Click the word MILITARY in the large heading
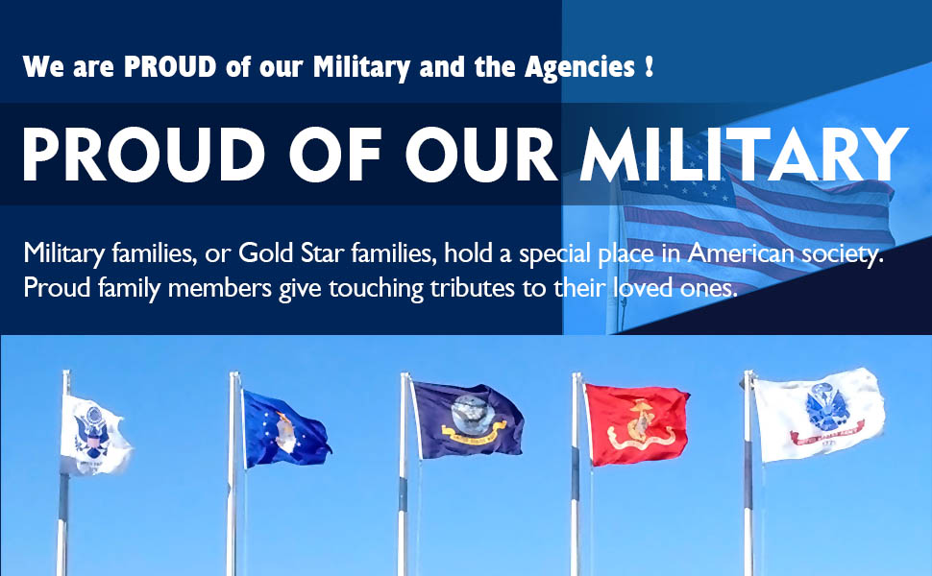(x=745, y=155)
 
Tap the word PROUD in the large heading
(x=143, y=155)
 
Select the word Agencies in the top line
(x=579, y=67)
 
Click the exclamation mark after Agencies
(x=650, y=66)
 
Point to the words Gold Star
(x=291, y=253)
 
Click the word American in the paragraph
(x=741, y=253)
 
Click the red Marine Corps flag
(x=637, y=424)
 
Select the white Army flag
(x=819, y=415)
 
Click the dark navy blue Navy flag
(x=468, y=420)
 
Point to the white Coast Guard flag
(x=94, y=435)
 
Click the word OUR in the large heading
(x=481, y=155)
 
